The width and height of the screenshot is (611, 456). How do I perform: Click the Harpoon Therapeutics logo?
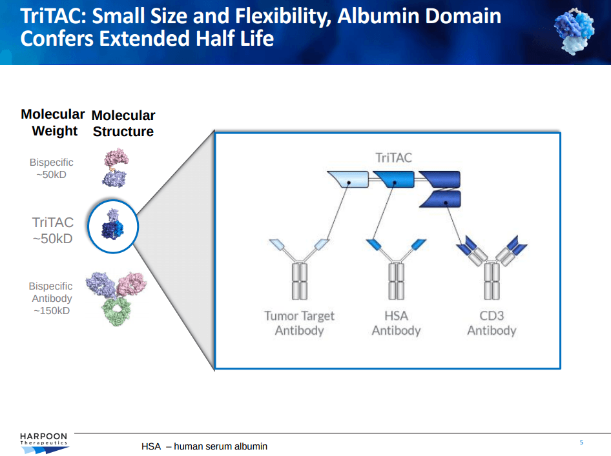tap(43, 442)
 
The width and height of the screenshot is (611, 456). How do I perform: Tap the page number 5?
tap(581, 442)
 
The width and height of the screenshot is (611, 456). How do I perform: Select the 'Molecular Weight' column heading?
tap(53, 123)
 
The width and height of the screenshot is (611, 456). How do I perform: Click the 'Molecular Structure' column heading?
tap(123, 123)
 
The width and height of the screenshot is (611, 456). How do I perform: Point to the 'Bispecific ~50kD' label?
tap(52, 168)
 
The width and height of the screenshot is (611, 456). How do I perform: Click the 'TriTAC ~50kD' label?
tap(53, 230)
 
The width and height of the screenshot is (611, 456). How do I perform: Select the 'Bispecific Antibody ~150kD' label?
tap(52, 299)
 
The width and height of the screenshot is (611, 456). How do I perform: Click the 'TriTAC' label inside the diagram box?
tap(394, 157)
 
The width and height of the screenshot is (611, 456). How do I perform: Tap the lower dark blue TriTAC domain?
tap(440, 200)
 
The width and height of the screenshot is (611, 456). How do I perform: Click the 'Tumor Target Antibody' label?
tap(299, 323)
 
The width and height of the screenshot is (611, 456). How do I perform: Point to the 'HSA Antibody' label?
tap(396, 323)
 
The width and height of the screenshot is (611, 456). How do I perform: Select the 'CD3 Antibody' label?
tap(492, 323)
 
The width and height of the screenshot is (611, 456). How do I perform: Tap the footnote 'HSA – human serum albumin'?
tap(204, 446)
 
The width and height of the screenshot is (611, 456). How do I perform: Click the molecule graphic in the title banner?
tap(572, 32)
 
